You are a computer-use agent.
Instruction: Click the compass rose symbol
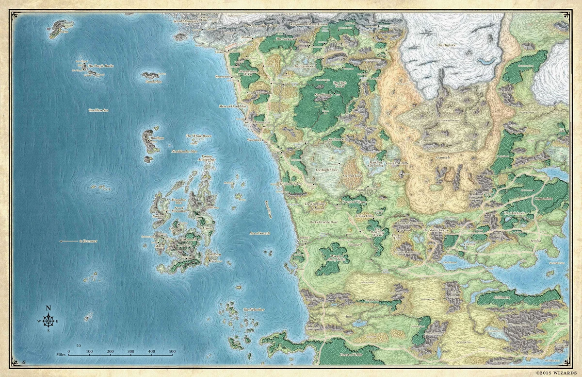48,321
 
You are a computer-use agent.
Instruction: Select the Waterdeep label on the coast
255,139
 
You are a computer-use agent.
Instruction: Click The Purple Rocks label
101,66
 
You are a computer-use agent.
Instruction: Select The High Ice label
446,45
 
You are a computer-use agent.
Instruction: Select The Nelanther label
253,310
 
